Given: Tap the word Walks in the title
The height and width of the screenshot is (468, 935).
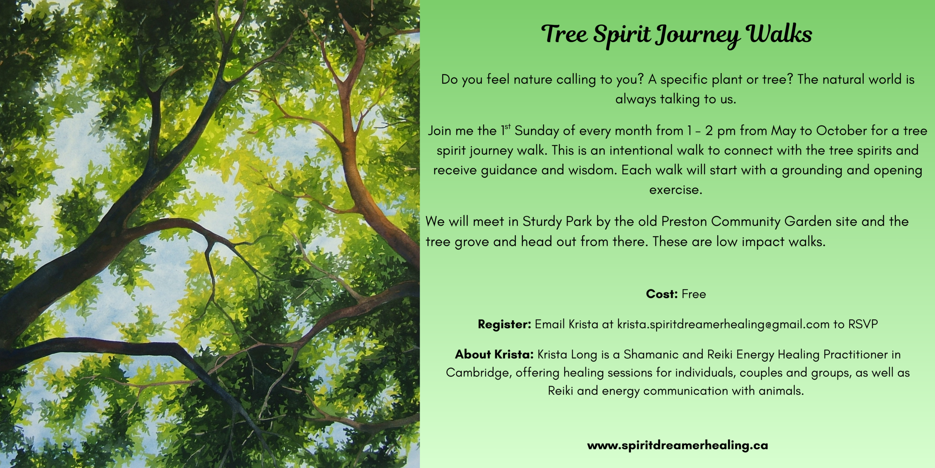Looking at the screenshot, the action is [780, 34].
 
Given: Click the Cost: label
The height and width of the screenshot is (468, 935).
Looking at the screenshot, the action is [662, 294].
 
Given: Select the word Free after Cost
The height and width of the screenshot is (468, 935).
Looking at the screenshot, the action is [694, 294].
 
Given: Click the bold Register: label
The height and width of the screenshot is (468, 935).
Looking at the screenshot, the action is [504, 324].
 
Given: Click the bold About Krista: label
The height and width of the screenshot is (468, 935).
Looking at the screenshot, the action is [495, 354].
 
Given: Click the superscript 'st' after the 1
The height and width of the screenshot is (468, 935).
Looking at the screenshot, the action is [508, 127].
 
